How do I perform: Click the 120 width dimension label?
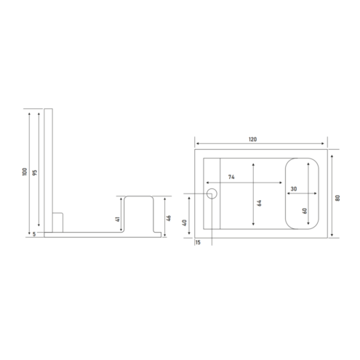[252, 140]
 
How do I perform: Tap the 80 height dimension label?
[337, 198]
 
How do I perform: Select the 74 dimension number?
[231, 177]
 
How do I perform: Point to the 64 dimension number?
[260, 203]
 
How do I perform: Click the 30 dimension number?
[294, 189]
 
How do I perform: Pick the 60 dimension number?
[305, 211]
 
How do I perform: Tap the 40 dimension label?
[185, 223]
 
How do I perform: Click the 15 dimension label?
[198, 242]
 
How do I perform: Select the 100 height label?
[25, 172]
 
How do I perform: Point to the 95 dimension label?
[35, 172]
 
